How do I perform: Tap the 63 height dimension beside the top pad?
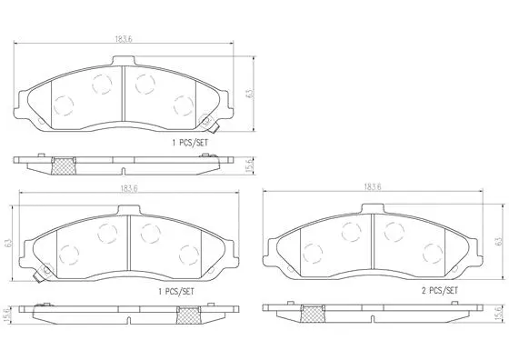pos(247,94)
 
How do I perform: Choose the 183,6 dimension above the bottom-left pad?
pos(124,189)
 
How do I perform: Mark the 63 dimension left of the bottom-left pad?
pos(7,244)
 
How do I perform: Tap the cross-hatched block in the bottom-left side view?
pos(189,314)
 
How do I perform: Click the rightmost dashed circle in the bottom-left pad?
pos(188,255)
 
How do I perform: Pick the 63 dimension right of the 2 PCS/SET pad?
pos(498,242)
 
